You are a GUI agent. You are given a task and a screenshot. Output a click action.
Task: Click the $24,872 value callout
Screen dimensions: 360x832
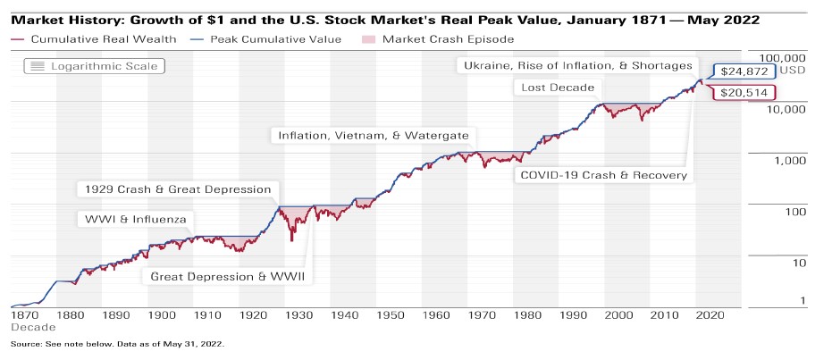pyautogui.click(x=743, y=71)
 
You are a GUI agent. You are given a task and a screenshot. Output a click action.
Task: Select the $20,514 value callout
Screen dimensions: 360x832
pyautogui.click(x=743, y=93)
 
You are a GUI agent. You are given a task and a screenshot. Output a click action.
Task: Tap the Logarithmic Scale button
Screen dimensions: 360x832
pyautogui.click(x=94, y=66)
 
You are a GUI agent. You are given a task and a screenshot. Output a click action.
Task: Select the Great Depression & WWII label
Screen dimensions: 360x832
pyautogui.click(x=228, y=277)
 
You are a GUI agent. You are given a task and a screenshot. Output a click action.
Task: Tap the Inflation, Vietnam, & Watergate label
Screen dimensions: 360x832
pyautogui.click(x=374, y=136)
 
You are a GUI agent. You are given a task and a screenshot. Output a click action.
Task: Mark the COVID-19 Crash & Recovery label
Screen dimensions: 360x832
pyautogui.click(x=603, y=175)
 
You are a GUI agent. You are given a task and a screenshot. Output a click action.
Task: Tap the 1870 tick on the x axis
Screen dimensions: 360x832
pyautogui.click(x=24, y=315)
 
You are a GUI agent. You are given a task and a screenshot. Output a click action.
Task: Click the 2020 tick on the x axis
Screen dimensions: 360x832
pyautogui.click(x=710, y=315)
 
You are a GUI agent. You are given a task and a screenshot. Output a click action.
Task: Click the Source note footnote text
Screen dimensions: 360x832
pyautogui.click(x=116, y=343)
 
